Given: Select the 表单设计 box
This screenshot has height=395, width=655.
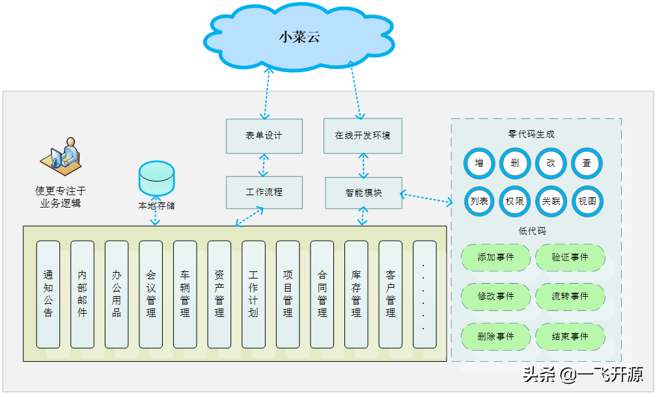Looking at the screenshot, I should point(264,136).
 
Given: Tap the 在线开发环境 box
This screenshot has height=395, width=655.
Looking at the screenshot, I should point(363,136).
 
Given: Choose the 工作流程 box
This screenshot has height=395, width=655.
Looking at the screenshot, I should point(264,193).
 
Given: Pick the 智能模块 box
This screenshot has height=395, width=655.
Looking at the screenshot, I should point(363,193).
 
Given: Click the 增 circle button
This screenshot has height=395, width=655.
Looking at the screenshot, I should point(479,163).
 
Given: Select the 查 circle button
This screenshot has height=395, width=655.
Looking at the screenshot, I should point(587,163).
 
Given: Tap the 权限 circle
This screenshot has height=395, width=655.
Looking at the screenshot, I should point(515,201).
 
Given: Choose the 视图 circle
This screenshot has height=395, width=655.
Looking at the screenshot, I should point(587,201).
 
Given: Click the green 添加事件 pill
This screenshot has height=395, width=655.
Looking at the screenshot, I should point(496,258).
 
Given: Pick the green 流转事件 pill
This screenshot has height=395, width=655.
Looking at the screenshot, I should point(570,297).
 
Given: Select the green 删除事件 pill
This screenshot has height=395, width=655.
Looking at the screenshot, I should point(496,336).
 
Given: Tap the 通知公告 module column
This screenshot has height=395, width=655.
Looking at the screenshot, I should point(48,294).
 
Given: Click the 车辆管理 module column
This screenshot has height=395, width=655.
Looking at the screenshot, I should point(185,294).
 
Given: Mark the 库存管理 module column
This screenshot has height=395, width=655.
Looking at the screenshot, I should point(356,294).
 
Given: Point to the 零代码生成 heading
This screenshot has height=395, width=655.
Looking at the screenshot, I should point(531,135).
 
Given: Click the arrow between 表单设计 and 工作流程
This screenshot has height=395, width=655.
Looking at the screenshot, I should point(264,165).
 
